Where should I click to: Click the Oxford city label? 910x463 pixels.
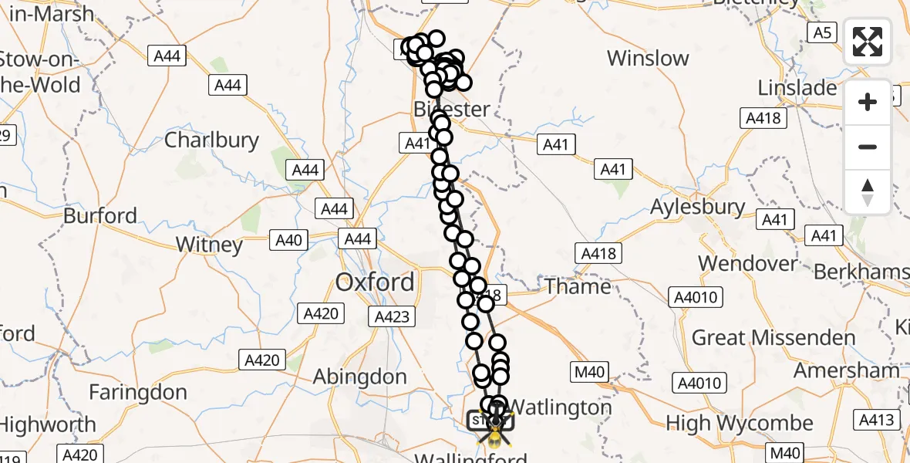[375, 282]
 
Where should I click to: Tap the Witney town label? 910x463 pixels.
[209, 245]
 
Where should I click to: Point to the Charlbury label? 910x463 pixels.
[211, 140]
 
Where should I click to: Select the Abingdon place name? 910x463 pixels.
[359, 377]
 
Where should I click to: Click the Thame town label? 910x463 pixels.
[578, 286]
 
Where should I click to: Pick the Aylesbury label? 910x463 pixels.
[698, 207]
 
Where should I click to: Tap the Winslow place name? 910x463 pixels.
[648, 59]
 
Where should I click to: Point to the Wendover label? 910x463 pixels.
[748, 262]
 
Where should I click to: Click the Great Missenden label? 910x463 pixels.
[773, 338]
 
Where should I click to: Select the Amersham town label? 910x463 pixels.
[847, 370]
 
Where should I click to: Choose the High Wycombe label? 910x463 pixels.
[739, 423]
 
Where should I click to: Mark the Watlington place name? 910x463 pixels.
[561, 407]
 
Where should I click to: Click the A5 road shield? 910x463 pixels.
[822, 32]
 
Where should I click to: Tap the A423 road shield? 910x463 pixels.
[394, 316]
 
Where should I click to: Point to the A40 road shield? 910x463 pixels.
[288, 240]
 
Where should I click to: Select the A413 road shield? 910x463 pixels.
[878, 419]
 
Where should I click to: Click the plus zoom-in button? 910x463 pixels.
[868, 102]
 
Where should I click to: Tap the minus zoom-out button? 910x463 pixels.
[868, 147]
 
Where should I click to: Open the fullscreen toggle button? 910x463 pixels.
[868, 42]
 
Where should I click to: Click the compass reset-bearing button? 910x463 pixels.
[868, 191]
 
